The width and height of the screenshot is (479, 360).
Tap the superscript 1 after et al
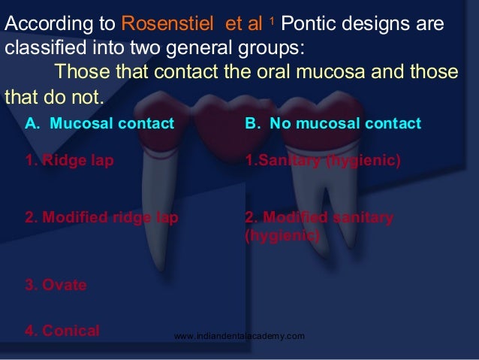click(x=275, y=20)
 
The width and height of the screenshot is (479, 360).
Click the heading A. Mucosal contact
click(x=100, y=123)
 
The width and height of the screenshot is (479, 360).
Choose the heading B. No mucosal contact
click(x=333, y=123)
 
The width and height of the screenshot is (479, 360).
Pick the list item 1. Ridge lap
click(x=70, y=160)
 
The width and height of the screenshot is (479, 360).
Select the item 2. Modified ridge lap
click(x=101, y=218)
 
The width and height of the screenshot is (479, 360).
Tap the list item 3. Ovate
click(x=56, y=285)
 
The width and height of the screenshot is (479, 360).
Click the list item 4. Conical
click(x=62, y=330)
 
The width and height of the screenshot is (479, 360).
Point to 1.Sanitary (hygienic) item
click(x=323, y=160)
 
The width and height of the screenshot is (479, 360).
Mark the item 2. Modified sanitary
click(x=319, y=218)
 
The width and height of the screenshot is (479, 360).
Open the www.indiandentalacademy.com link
click(x=239, y=336)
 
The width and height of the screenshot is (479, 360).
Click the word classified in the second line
click(x=40, y=50)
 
